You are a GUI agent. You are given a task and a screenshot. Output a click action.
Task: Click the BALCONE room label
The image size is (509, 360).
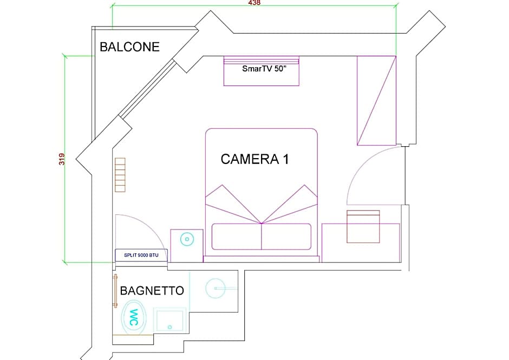129,47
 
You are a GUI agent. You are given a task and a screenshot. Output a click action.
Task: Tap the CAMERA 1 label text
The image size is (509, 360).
255,159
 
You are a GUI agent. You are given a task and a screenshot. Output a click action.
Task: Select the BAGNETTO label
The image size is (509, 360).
152,291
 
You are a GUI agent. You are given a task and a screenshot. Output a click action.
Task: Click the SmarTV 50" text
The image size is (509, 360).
264,69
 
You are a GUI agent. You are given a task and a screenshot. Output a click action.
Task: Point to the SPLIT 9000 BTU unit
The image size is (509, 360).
141,255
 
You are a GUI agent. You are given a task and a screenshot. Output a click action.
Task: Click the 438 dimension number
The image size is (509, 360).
254,3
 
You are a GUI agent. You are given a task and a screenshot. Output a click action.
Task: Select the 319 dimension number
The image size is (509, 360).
62,159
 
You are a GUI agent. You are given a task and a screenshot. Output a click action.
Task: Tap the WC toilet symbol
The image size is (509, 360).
133,317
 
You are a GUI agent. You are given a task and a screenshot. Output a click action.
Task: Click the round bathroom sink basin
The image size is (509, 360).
215,288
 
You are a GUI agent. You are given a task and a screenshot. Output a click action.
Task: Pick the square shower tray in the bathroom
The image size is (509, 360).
169,320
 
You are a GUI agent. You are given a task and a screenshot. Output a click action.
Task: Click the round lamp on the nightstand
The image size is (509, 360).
187,239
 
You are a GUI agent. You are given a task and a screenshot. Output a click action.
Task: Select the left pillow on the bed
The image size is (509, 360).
237,237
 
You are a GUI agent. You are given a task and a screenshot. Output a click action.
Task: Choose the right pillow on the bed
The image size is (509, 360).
286,237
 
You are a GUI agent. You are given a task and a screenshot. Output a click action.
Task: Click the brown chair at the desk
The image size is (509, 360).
363,227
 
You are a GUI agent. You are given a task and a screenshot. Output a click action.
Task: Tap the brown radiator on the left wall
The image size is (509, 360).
120,175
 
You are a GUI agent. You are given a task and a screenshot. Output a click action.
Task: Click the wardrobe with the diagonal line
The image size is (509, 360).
376,101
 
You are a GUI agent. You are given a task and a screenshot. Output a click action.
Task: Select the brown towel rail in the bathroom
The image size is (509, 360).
115,291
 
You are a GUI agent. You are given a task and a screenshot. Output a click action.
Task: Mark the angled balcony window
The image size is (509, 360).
148,88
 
